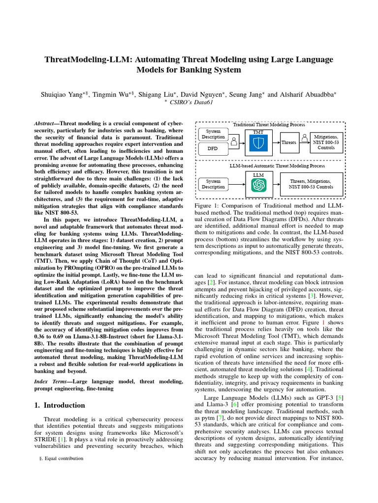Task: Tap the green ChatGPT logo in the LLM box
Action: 258,185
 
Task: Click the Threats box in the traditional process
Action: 288,142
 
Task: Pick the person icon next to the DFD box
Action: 234,142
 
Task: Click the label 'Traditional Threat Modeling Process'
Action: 269,125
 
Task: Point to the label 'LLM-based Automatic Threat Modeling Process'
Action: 270,166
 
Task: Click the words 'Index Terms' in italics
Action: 51,382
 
